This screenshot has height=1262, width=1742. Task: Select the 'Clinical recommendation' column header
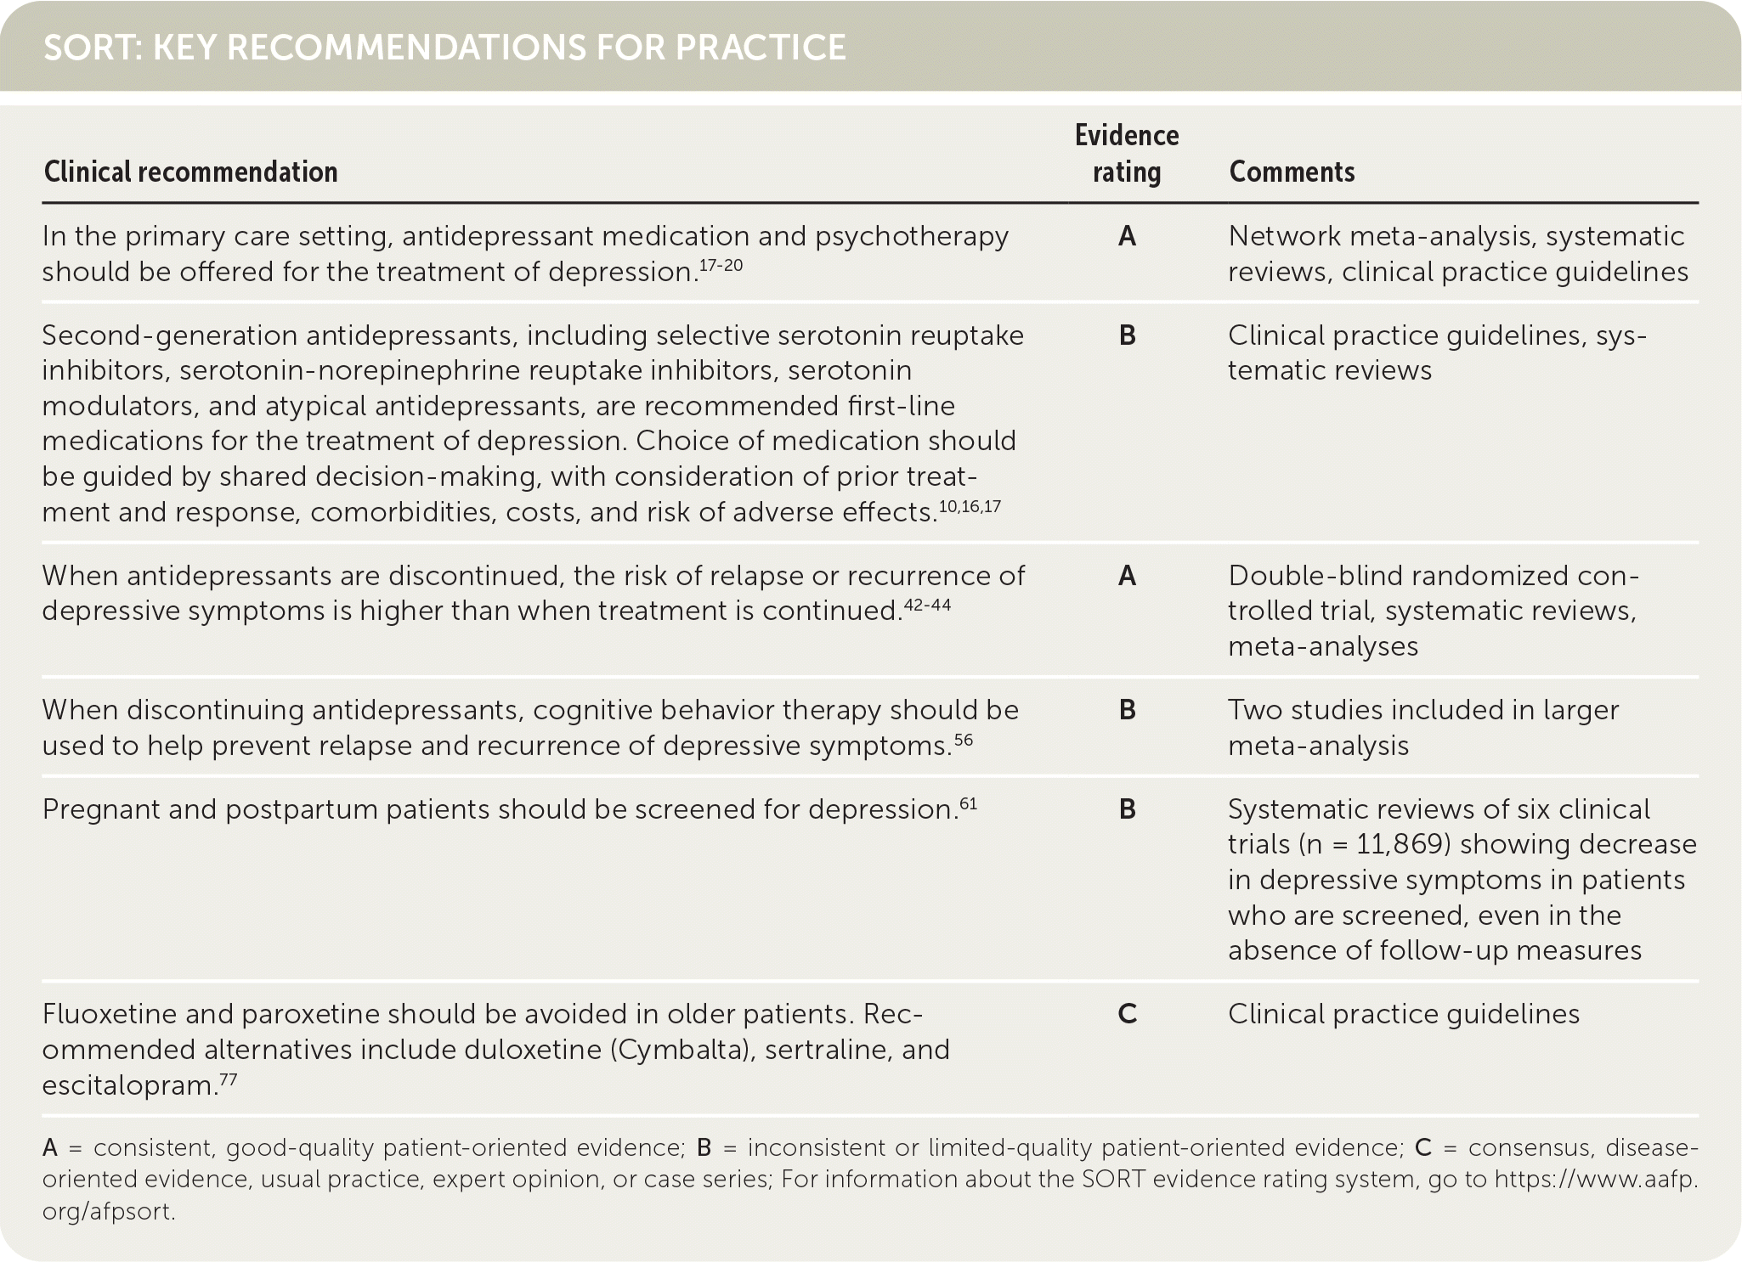click(x=190, y=172)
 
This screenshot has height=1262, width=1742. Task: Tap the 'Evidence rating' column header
click(x=1127, y=154)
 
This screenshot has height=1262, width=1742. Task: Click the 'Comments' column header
click(x=1292, y=172)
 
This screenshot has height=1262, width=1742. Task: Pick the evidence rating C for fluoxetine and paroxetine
click(x=1127, y=1014)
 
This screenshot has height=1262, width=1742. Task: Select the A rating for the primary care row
click(x=1127, y=236)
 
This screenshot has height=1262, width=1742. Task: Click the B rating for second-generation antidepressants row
click(x=1127, y=335)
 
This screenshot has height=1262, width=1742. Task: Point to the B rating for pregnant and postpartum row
click(x=1127, y=809)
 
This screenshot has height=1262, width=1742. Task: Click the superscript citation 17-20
click(x=721, y=265)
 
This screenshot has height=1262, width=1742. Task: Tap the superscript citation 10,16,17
click(x=970, y=506)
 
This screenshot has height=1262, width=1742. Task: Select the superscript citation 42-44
click(x=928, y=605)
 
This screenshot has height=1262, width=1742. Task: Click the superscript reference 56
click(x=964, y=740)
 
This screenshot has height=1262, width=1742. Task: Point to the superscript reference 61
click(x=968, y=803)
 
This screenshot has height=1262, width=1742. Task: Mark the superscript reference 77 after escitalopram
click(x=228, y=1079)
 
